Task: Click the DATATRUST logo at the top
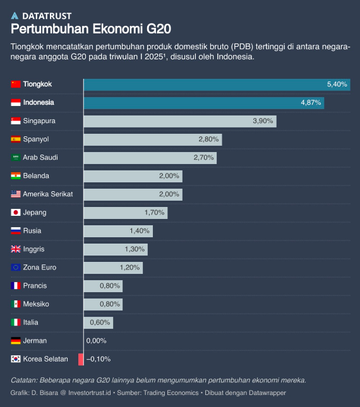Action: click(41, 15)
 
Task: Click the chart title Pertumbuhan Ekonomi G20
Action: click(91, 30)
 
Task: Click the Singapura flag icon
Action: click(16, 121)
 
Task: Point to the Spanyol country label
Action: click(36, 139)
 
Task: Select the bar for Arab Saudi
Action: click(150, 158)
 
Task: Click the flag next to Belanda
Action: click(16, 176)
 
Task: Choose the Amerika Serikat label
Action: click(48, 194)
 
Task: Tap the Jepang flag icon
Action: click(16, 213)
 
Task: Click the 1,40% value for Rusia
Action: click(139, 231)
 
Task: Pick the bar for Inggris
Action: click(116, 249)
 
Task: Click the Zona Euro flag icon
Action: click(16, 268)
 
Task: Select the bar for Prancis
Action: click(103, 286)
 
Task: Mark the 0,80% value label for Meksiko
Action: click(110, 304)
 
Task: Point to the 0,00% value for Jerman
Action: click(96, 341)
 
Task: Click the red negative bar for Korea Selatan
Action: click(81, 359)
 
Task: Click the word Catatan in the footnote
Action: click(24, 380)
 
